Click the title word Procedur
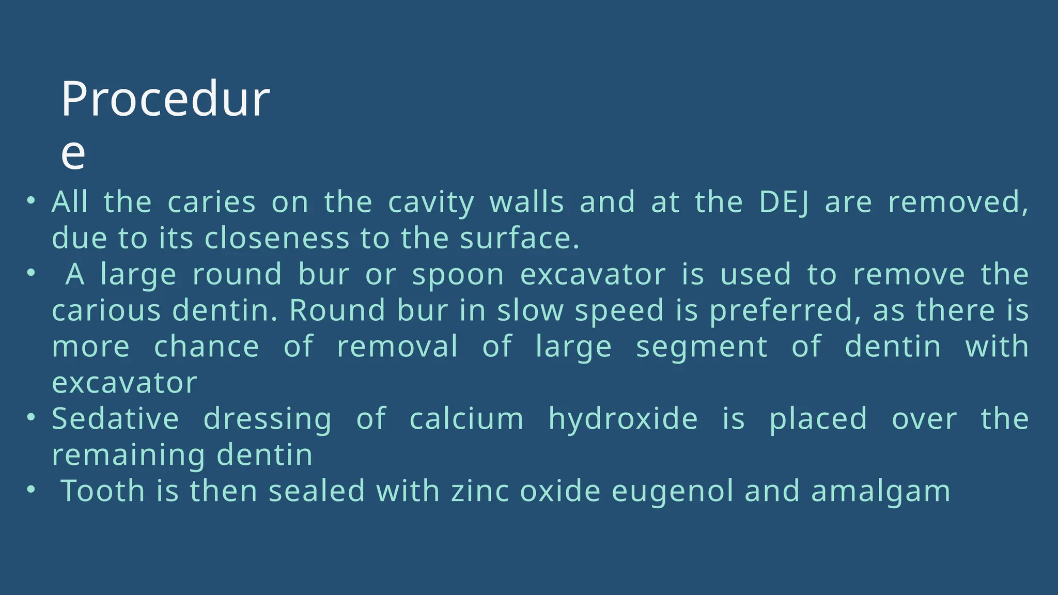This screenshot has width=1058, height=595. tap(165, 99)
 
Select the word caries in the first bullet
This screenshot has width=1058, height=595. tap(212, 202)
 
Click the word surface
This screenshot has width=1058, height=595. tap(519, 239)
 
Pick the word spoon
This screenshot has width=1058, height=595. tap(458, 275)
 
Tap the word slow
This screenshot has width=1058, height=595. tap(530, 311)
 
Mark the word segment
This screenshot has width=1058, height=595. tap(702, 347)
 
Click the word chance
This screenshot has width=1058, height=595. tap(207, 347)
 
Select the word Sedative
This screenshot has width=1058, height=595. tap(115, 418)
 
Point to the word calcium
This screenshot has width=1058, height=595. tap(466, 418)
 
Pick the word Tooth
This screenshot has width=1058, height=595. tap(103, 491)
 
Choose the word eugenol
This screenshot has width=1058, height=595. tap(672, 491)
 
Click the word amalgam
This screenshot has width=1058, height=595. tap(881, 491)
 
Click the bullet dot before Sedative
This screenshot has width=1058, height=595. tap(32, 416)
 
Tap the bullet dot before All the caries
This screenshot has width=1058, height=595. tap(32, 200)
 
